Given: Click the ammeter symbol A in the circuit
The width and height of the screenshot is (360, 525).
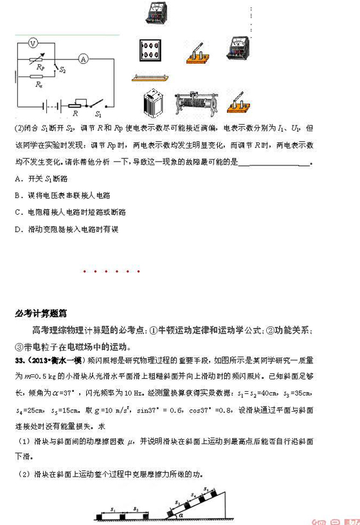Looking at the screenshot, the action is [x=83, y=58].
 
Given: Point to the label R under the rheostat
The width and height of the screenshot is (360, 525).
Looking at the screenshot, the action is [x=76, y=112].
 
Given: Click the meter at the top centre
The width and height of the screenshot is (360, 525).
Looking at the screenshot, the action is [x=157, y=12].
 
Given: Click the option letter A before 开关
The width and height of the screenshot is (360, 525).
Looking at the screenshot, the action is [x=15, y=177].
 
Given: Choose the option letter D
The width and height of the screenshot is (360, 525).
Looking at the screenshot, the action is [x=15, y=229].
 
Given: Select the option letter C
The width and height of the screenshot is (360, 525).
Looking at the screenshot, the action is [x=15, y=212].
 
